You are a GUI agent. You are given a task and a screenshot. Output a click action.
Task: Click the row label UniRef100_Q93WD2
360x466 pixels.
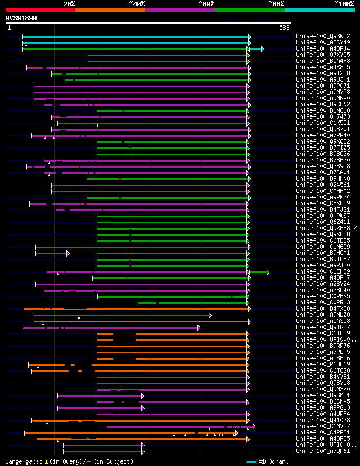[316, 36]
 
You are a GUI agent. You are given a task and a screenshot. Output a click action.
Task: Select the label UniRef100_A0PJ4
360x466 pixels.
[316, 48]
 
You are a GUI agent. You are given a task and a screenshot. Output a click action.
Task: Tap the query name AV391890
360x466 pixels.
[21, 18]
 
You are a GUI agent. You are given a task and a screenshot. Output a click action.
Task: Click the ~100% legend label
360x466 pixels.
[344, 3]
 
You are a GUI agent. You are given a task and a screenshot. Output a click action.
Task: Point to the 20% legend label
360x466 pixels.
[69, 3]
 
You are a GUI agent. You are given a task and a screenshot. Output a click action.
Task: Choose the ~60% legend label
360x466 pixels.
[206, 3]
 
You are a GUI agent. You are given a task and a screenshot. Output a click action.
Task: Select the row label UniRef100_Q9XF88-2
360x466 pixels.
[319, 228]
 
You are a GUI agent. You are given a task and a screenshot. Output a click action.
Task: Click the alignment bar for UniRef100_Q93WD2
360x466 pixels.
[135, 37]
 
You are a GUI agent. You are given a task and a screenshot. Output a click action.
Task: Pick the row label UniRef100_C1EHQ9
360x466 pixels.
[316, 271]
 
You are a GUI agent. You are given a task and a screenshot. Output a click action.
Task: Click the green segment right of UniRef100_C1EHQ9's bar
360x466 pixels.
[259, 272]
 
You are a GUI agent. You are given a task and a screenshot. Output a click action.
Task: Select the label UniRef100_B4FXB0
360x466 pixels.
[316, 308]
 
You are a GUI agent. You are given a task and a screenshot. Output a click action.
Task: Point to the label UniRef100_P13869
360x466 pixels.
[316, 364]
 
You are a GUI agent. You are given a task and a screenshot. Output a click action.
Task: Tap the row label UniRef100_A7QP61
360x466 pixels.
[316, 451]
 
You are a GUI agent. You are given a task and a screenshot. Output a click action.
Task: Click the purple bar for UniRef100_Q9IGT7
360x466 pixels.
[112, 328]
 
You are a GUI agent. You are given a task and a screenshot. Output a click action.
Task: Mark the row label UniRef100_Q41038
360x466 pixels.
[316, 420]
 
